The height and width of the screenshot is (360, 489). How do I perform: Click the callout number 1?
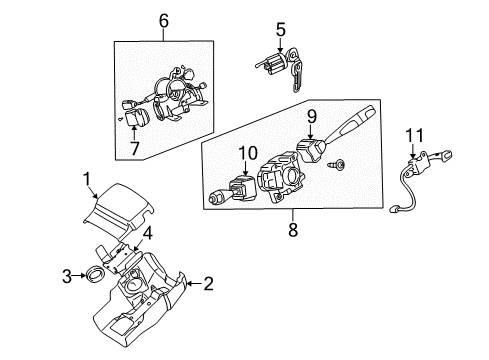(86, 180)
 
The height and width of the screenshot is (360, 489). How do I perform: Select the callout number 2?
(207, 285)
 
